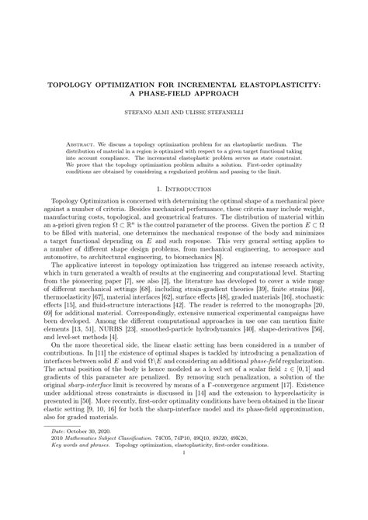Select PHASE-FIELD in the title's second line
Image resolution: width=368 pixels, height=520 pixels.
(x=187, y=89)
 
